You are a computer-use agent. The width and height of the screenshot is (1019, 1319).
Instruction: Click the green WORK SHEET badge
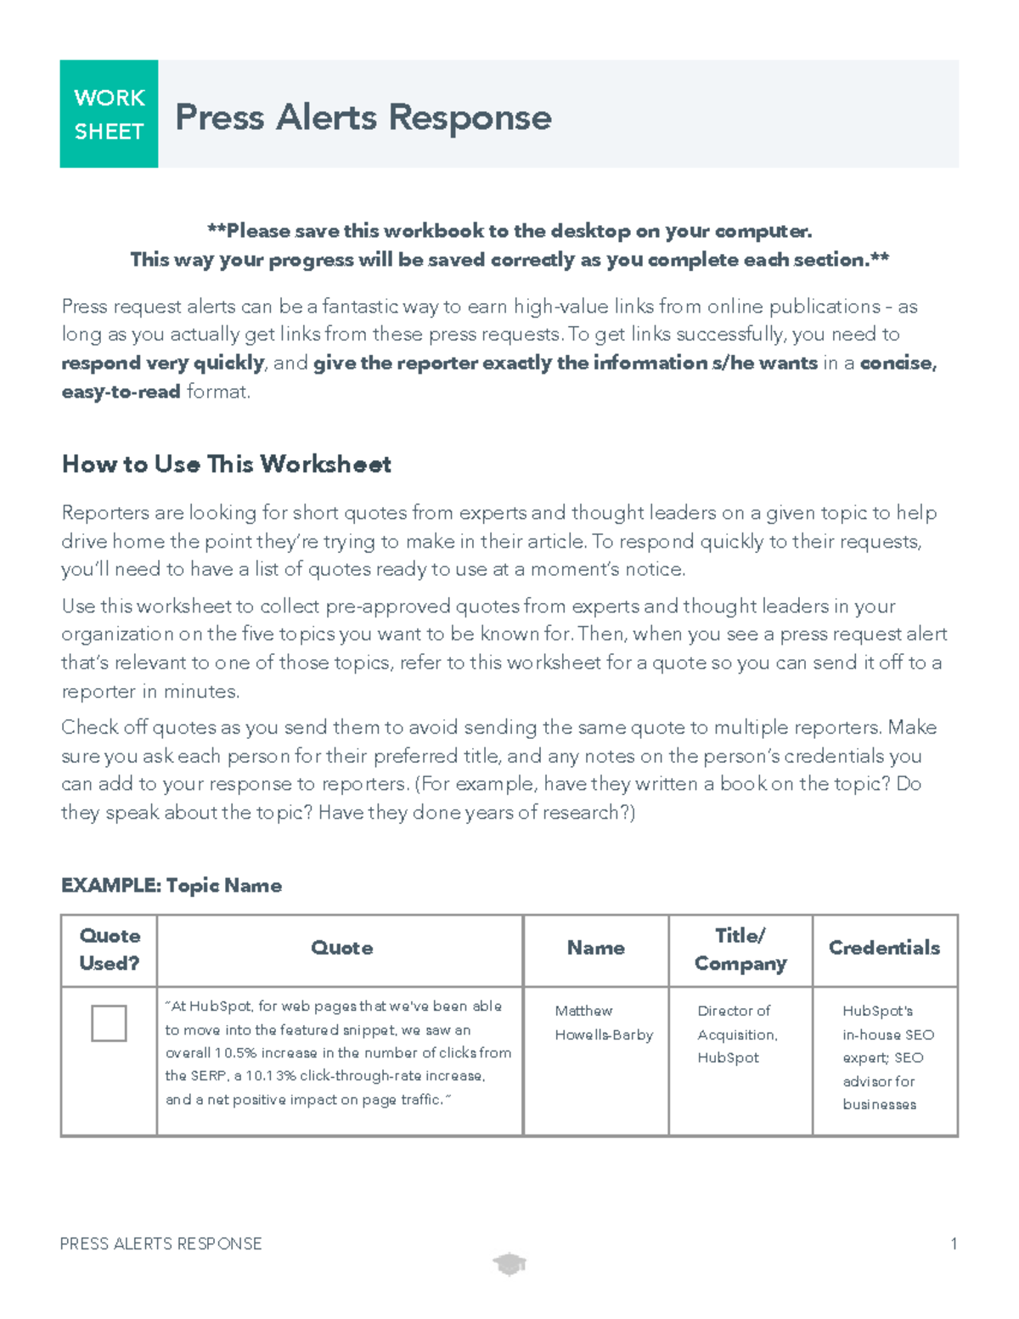tap(109, 114)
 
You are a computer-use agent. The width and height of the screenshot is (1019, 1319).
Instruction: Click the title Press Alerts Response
tap(363, 117)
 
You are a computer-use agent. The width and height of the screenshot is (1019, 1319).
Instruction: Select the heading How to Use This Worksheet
tap(226, 465)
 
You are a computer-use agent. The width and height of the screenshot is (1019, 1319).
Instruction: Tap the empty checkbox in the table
tap(109, 1023)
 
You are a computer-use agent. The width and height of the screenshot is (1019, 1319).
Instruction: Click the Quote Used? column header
tap(109, 950)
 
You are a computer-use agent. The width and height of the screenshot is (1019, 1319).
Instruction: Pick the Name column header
tap(595, 948)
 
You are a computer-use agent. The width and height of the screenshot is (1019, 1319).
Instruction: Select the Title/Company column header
tap(740, 950)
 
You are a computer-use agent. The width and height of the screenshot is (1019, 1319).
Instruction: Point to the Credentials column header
tap(884, 948)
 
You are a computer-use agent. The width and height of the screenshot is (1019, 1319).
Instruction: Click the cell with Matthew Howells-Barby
tap(603, 1023)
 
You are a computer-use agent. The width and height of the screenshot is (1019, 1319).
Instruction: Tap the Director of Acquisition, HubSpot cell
tap(736, 1034)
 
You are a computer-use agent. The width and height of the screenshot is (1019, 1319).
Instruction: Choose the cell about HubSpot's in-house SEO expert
tap(887, 1057)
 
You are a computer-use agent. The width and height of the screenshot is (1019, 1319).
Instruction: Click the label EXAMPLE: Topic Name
tap(172, 885)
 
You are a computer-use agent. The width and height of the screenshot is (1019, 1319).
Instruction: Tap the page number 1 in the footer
tap(954, 1244)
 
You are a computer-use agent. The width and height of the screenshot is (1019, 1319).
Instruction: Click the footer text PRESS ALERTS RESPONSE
tap(160, 1244)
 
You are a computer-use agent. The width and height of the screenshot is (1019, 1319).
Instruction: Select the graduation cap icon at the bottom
tap(509, 1265)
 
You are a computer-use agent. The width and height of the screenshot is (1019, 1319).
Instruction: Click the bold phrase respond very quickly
tap(163, 364)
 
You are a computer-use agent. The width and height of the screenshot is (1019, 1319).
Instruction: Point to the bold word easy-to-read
tap(121, 392)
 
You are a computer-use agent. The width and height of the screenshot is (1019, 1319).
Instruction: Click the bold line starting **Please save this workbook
tap(509, 231)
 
